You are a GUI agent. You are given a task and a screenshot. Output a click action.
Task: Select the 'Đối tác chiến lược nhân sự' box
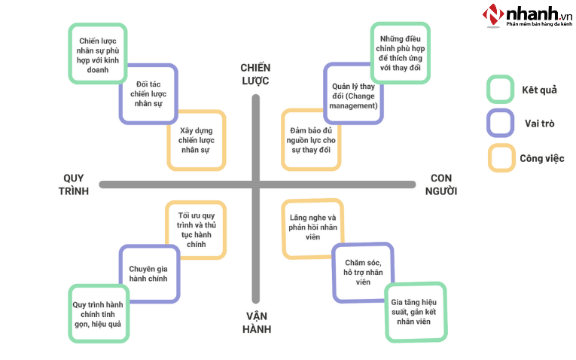[148, 93]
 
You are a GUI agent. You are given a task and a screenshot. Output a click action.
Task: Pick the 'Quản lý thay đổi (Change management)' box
[353, 93]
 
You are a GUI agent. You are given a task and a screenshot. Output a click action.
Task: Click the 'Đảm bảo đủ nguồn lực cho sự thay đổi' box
[309, 139]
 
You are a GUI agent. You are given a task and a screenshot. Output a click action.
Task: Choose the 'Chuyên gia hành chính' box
[148, 273]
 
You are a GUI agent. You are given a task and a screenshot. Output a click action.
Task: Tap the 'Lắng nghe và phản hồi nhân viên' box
[312, 227]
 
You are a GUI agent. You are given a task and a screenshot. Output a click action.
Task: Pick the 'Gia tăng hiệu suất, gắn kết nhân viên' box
[415, 311]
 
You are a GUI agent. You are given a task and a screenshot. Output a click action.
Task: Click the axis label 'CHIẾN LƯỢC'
[255, 75]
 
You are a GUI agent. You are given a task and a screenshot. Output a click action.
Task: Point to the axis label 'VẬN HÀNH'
[257, 322]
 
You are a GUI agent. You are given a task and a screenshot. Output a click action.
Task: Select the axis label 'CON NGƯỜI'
[444, 185]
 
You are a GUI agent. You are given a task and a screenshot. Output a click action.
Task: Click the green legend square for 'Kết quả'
[500, 89]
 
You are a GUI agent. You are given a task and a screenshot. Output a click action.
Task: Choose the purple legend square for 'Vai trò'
[500, 124]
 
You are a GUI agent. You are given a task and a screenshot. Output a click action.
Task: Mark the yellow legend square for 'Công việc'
[500, 157]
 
